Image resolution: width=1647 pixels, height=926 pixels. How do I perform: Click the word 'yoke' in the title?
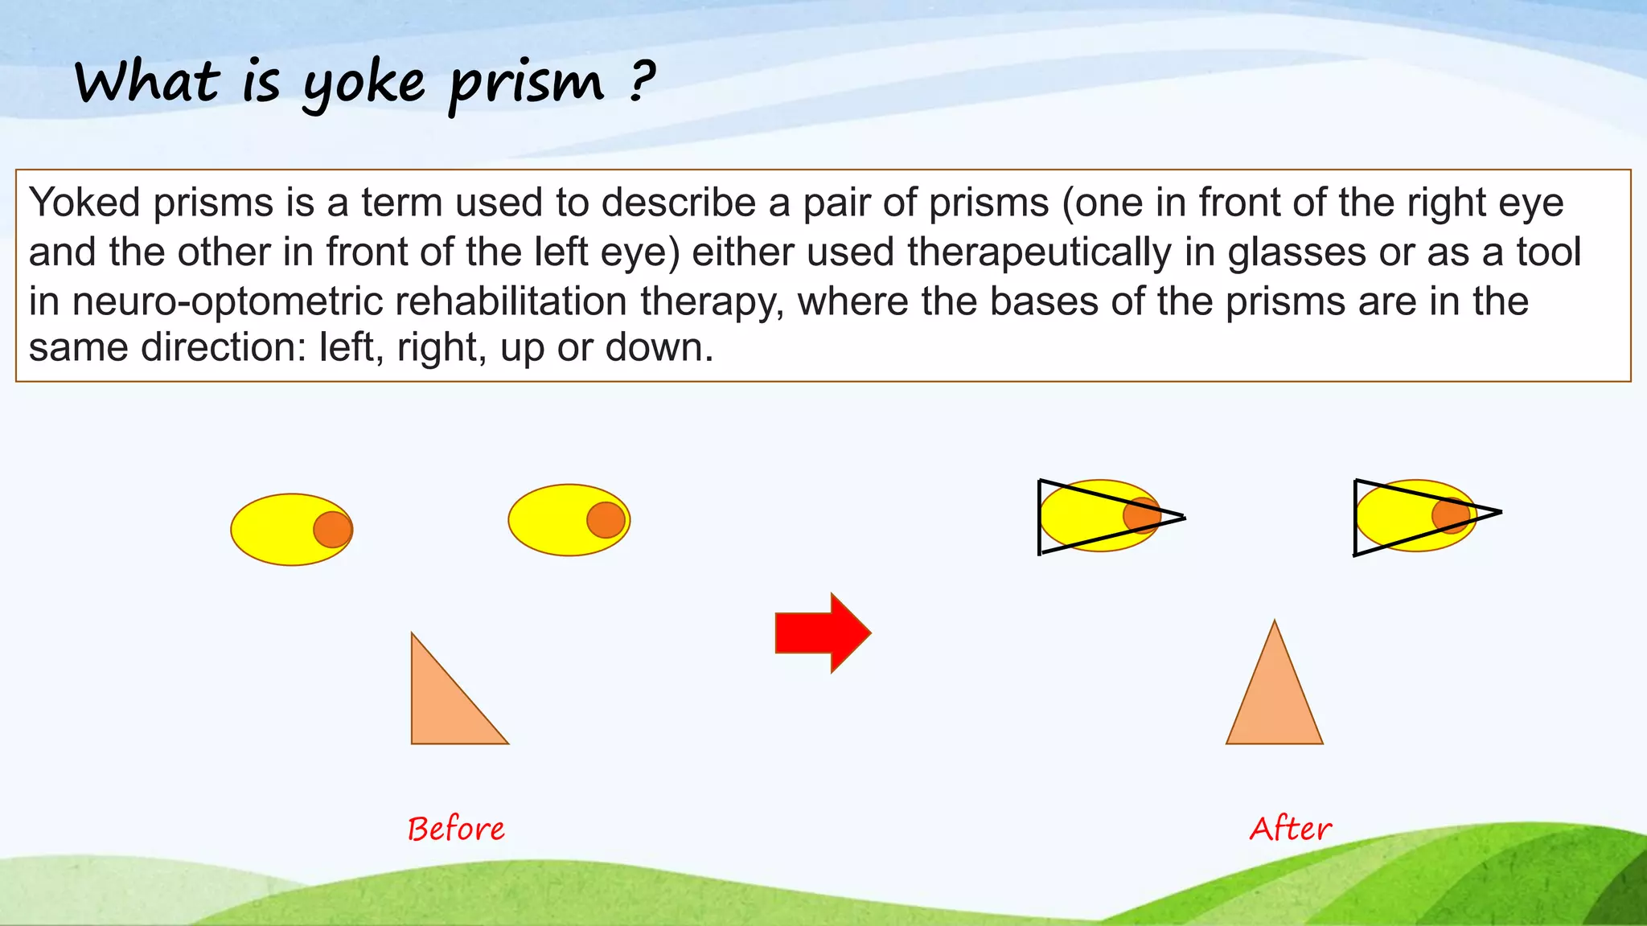(x=363, y=84)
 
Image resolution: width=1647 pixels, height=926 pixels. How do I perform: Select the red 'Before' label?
(x=456, y=829)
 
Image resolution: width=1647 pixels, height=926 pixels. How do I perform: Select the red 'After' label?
(x=1290, y=829)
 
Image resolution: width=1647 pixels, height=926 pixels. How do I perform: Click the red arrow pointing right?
(x=822, y=633)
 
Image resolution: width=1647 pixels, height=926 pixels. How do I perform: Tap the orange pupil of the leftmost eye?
(x=333, y=530)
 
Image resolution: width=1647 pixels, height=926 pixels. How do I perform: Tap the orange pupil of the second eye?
(x=606, y=520)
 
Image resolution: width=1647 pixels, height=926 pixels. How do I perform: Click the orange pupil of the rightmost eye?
(x=1451, y=515)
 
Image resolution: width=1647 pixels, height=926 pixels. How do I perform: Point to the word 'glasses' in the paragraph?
(x=1296, y=252)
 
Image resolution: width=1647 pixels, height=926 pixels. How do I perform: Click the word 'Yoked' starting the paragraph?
(x=84, y=203)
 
